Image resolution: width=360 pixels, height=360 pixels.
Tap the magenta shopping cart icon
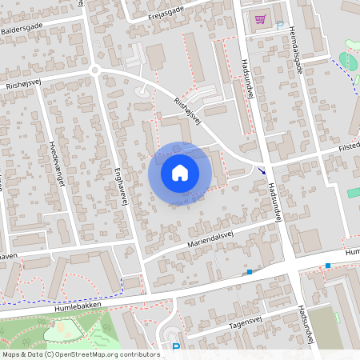click(x=260, y=19)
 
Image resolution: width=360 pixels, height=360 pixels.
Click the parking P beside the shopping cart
click(x=279, y=26)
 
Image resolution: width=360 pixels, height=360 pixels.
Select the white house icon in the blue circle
click(x=180, y=173)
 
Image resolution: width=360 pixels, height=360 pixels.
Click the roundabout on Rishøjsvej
click(x=95, y=70)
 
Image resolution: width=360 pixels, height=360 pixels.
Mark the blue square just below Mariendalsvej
click(x=250, y=272)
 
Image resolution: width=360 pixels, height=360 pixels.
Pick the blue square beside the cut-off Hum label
click(x=328, y=266)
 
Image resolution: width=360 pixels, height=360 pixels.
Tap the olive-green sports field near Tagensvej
click(x=325, y=326)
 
